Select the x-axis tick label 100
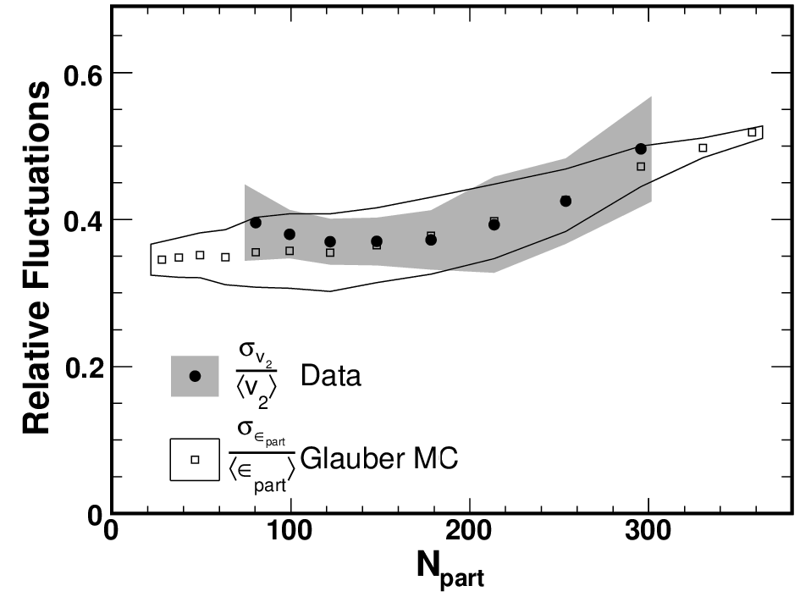(x=290, y=531)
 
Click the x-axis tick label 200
(x=468, y=531)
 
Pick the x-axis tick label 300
(x=648, y=531)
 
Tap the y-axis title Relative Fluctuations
(x=36, y=257)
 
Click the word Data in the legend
(x=331, y=375)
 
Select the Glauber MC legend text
(x=379, y=458)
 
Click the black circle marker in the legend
(x=195, y=376)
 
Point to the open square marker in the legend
(x=195, y=460)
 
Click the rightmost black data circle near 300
(x=641, y=149)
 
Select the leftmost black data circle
(x=256, y=223)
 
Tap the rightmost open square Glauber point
(x=752, y=133)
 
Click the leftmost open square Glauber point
(x=162, y=260)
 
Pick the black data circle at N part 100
(x=290, y=235)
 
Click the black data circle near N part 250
(x=566, y=201)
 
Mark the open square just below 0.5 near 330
(x=703, y=148)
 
